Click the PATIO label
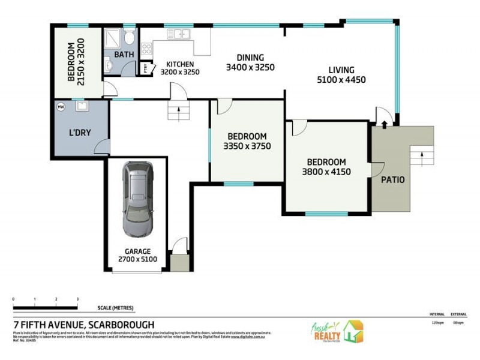coord(393,179)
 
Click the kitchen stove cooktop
coord(146,50)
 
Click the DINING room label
coord(250,57)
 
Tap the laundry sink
coord(82,107)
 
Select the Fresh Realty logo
coord(336,332)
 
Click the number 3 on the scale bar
coord(77,299)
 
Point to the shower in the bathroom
coord(112,38)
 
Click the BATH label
coord(124,55)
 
